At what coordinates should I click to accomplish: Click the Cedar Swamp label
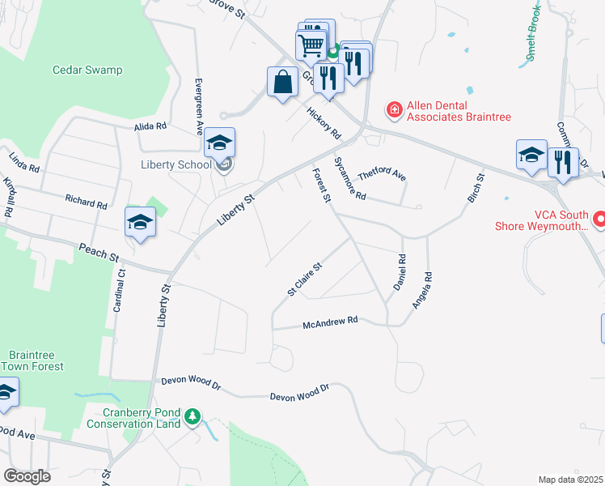point(87,70)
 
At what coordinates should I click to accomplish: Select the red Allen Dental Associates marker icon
point(394,109)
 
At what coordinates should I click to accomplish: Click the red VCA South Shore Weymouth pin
point(599,219)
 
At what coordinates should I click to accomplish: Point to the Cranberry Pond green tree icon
point(192,416)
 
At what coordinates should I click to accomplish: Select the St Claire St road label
point(305,279)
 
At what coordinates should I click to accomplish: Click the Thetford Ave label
point(382,173)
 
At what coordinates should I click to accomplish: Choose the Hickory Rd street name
point(324,123)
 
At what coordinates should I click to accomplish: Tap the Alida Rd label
point(150,126)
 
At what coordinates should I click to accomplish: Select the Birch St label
point(476,188)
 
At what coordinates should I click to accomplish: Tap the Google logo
point(27,476)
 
